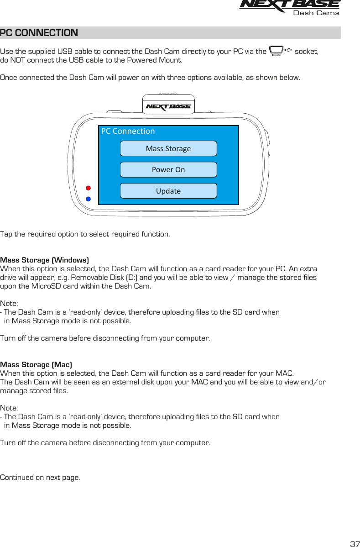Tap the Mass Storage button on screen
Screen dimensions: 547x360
[168, 148]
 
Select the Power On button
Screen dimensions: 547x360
[168, 169]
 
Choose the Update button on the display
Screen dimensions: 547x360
[168, 191]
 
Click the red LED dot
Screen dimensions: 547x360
[89, 188]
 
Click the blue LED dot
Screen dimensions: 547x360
[89, 199]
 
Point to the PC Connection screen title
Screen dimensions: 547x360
[128, 131]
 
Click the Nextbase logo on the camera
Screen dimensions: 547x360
[168, 107]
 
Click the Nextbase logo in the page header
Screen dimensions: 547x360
[289, 5]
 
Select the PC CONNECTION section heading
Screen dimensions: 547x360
[39, 33]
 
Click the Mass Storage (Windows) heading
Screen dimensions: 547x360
[44, 260]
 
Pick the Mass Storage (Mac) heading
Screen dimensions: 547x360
[36, 364]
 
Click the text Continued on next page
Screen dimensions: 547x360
[40, 478]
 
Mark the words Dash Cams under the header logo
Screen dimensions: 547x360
[316, 13]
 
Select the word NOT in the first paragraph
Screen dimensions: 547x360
[20, 60]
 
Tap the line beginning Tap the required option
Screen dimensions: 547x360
[85, 234]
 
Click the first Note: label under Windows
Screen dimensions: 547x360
[9, 304]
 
